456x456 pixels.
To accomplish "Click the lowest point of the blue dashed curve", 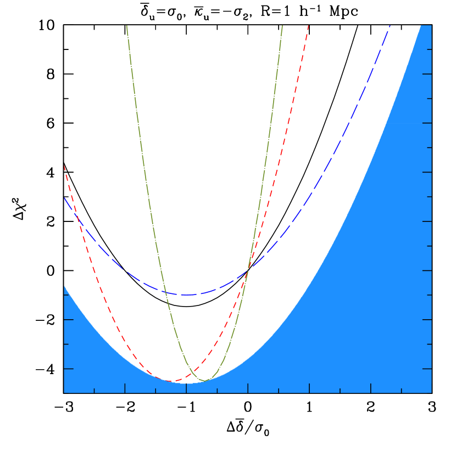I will click(x=186, y=295).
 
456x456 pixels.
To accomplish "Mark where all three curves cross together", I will click(x=248, y=269).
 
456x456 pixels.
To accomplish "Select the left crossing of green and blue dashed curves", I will click(x=164, y=291).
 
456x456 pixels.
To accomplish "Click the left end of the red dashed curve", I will click(x=64, y=165).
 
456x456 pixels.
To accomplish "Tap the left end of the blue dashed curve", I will click(x=64, y=197).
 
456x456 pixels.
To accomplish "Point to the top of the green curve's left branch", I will click(x=126, y=25).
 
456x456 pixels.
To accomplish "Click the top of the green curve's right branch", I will click(x=282, y=25).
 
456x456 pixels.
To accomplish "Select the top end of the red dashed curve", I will click(x=308, y=25).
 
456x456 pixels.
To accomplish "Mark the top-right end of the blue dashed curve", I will click(x=390, y=25).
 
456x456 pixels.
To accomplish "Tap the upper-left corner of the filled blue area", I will click(x=64, y=286).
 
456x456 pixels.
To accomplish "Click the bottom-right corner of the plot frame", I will click(x=431, y=393).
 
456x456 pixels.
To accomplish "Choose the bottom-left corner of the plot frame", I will click(x=64, y=393).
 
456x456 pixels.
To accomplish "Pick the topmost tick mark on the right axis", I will click(x=429, y=49).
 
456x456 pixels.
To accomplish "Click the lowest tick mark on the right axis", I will click(x=427, y=369).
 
